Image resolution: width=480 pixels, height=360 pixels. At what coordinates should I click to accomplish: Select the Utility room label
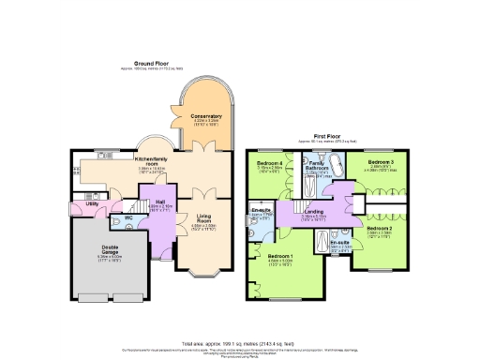92,202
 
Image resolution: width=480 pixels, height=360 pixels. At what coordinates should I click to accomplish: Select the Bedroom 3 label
379,163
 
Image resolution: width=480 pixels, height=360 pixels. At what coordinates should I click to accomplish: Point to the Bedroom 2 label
379,229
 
